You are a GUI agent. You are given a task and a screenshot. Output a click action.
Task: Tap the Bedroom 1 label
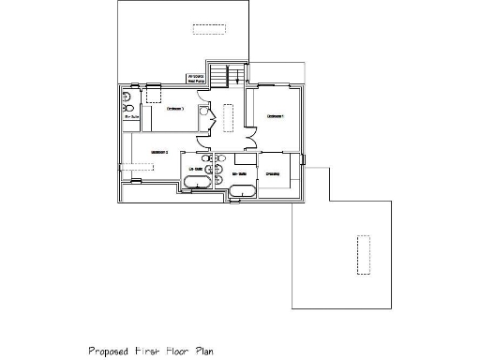[275, 116]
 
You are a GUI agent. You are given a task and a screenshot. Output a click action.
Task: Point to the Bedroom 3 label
[174, 109]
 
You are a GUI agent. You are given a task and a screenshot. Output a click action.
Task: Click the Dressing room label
[275, 173]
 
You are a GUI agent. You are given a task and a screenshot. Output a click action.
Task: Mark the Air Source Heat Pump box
[196, 79]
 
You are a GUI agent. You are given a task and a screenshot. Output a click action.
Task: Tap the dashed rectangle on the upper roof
[211, 29]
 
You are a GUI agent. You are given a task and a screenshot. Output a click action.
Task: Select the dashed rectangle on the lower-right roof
[360, 255]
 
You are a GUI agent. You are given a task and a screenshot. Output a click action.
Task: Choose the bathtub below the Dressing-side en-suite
[244, 192]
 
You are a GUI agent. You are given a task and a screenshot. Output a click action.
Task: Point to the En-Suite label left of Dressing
[239, 173]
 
